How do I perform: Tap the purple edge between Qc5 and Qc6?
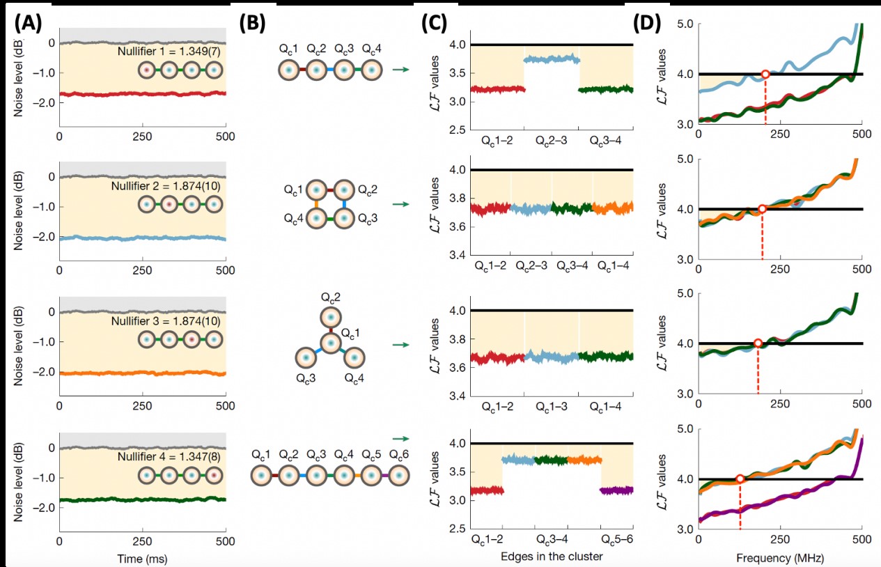(384, 475)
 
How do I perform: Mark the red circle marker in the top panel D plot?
(765, 74)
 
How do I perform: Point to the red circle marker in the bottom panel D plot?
(740, 479)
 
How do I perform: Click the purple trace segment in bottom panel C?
(617, 490)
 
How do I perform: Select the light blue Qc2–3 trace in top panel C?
(552, 60)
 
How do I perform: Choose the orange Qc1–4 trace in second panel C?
(613, 208)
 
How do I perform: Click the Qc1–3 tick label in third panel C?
(551, 405)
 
